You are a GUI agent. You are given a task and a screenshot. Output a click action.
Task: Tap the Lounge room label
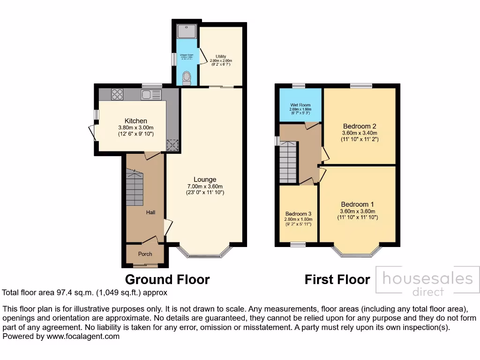point(205,180)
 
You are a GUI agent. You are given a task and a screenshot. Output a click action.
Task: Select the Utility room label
point(221,56)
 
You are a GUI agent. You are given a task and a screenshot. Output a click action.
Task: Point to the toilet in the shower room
point(186,77)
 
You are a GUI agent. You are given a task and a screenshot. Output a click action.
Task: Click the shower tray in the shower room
point(186,31)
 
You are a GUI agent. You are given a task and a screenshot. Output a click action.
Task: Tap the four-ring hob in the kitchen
point(117,95)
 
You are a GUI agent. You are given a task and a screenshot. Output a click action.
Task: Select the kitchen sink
point(151,95)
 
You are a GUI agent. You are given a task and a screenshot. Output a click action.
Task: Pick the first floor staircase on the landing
point(288,163)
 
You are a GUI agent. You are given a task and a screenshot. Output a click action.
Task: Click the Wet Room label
point(300,105)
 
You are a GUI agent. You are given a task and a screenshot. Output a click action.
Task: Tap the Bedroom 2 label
point(360,126)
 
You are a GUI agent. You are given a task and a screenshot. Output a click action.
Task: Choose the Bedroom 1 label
point(357,204)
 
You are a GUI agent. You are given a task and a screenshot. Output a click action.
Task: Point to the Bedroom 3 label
point(298,214)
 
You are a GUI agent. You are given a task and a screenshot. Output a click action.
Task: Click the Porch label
point(145,254)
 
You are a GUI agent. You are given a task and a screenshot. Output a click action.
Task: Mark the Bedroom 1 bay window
point(357,254)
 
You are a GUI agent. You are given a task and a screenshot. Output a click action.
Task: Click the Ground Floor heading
point(167,280)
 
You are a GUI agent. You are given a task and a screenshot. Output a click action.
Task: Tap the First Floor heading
point(337,280)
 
